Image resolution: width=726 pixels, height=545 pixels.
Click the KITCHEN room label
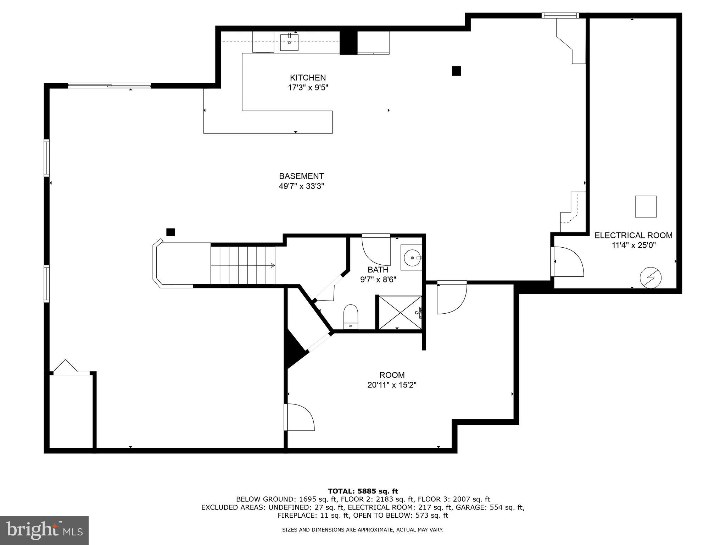click(307, 78)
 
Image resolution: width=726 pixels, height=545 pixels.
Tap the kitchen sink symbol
click(289, 42)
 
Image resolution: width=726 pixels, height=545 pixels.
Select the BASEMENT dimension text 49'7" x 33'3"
click(301, 186)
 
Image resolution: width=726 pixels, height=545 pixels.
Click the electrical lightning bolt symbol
click(650, 277)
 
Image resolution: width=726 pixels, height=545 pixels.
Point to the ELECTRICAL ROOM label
click(633, 235)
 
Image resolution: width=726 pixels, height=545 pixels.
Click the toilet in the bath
click(351, 316)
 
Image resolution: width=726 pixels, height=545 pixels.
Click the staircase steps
click(243, 265)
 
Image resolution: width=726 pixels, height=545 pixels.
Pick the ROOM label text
click(392, 375)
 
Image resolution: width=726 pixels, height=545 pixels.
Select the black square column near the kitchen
click(456, 71)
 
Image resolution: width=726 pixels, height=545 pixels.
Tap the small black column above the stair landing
click(171, 232)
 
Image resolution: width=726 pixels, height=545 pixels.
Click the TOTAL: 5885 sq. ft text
click(363, 491)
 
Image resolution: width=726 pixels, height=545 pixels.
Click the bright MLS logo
click(44, 530)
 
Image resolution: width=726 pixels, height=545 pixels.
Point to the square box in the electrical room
click(646, 207)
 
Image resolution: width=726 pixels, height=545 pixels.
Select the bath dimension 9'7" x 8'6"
click(378, 279)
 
